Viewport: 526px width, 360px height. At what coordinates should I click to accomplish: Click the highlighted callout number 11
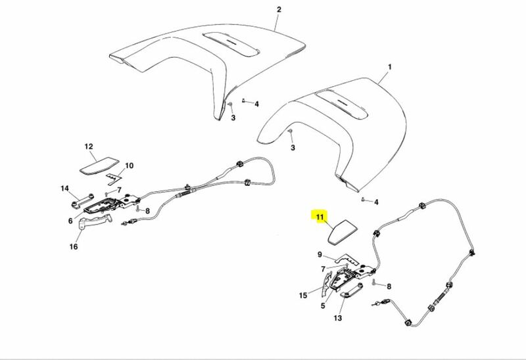[320, 217]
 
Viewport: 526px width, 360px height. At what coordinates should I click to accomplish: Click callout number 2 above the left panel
[279, 9]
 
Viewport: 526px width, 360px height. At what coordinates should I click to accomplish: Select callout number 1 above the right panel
[389, 67]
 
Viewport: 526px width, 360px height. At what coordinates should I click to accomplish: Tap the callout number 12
[89, 146]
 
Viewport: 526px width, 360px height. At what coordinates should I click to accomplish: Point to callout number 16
[74, 247]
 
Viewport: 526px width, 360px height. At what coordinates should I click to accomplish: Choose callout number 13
[337, 318]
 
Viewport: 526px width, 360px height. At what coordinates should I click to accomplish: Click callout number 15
[303, 296]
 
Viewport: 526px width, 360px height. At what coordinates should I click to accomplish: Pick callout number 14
[64, 189]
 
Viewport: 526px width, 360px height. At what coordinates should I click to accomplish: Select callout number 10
[129, 166]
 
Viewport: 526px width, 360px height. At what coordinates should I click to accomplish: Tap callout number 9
[320, 255]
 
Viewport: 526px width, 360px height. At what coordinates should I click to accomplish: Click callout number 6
[70, 221]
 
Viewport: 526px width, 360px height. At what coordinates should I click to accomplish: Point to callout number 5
[323, 305]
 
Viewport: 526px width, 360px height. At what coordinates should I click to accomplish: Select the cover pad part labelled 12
[99, 166]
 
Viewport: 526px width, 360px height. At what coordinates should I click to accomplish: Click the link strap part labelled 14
[82, 200]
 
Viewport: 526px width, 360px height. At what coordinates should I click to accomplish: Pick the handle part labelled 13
[352, 290]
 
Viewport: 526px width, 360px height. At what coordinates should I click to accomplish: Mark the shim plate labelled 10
[114, 179]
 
